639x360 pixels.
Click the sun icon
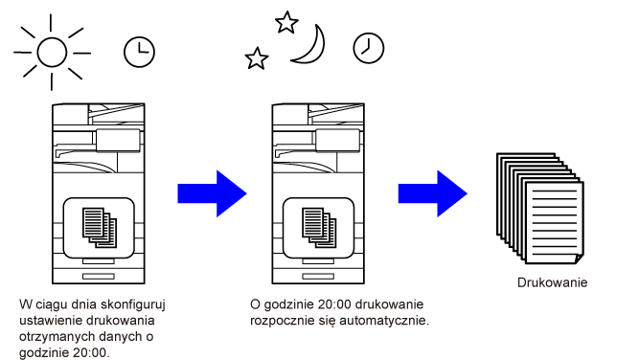(x=52, y=52)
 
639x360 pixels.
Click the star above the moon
(x=286, y=22)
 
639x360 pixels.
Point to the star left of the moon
(x=257, y=58)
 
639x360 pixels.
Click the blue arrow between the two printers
(x=212, y=193)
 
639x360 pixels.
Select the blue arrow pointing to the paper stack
(x=432, y=193)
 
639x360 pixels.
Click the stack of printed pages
(x=540, y=209)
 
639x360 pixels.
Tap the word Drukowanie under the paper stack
(x=552, y=282)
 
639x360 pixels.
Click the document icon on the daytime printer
(x=100, y=227)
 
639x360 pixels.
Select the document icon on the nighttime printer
(x=319, y=227)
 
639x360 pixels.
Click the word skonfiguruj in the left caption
(x=133, y=304)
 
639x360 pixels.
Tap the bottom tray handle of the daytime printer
(x=99, y=277)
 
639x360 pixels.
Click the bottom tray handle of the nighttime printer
(x=318, y=277)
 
